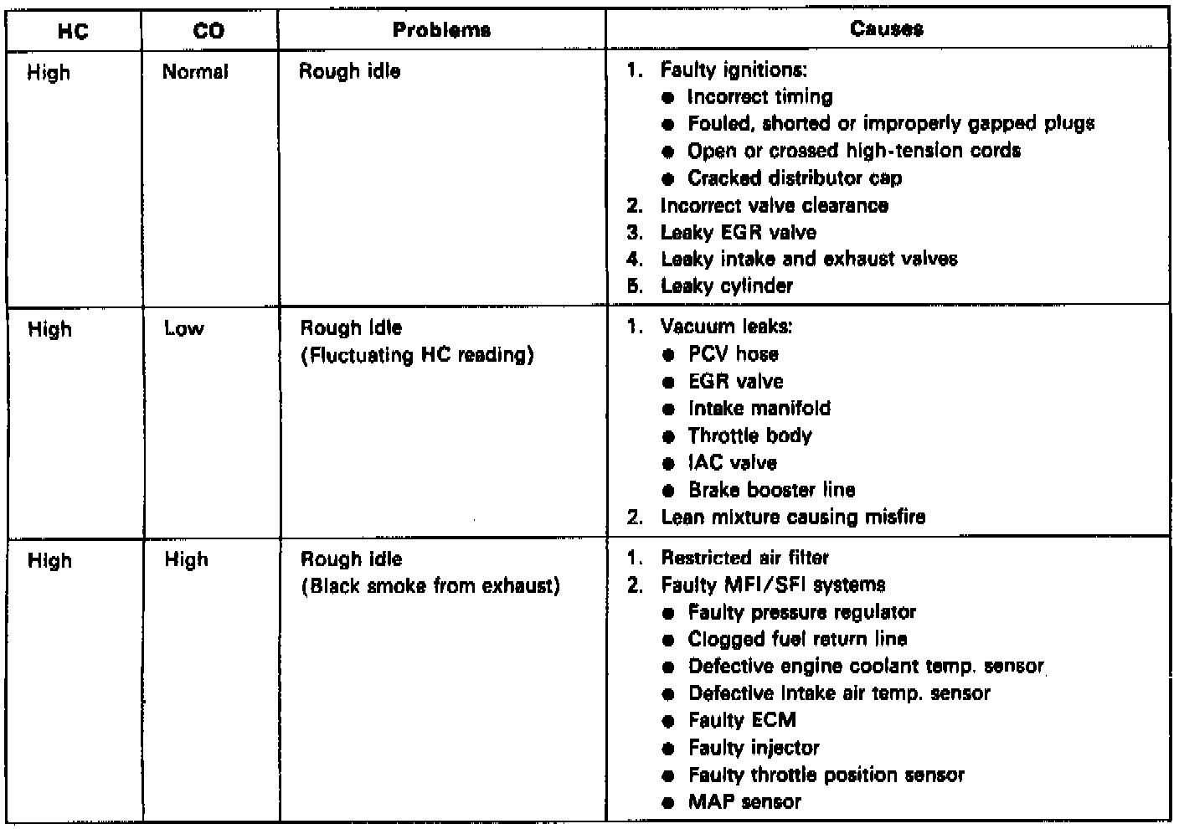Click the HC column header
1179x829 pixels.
(74, 31)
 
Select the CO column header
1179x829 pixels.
(209, 31)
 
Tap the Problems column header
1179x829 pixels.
(441, 30)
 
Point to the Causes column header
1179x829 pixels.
(887, 29)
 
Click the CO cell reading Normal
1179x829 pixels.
(195, 72)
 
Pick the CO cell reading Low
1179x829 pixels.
(184, 329)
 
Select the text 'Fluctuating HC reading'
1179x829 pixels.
(417, 356)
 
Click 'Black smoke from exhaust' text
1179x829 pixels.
(430, 585)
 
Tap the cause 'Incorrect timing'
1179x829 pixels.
(759, 97)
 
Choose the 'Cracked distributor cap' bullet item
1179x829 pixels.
(795, 178)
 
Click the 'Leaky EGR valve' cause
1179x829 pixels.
(738, 233)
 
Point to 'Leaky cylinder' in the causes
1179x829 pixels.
(726, 286)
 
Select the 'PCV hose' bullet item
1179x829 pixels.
(734, 354)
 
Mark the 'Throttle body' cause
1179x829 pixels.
(749, 435)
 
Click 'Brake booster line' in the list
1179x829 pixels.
(771, 490)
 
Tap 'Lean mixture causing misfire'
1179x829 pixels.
(792, 517)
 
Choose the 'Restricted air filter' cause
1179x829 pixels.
(744, 558)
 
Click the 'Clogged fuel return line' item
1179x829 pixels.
(797, 640)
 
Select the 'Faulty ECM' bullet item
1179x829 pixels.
(742, 720)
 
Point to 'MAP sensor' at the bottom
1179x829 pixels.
(744, 802)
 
